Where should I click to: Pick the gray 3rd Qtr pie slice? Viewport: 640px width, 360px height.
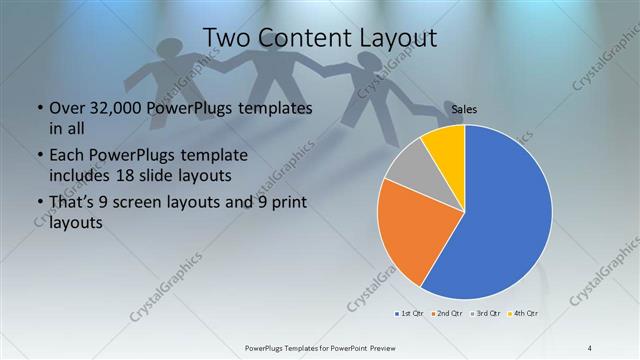point(407,170)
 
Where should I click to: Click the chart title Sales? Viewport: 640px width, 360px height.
point(464,108)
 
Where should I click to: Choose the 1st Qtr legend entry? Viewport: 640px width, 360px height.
point(409,314)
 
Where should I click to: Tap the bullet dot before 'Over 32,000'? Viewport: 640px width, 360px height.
point(38,108)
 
